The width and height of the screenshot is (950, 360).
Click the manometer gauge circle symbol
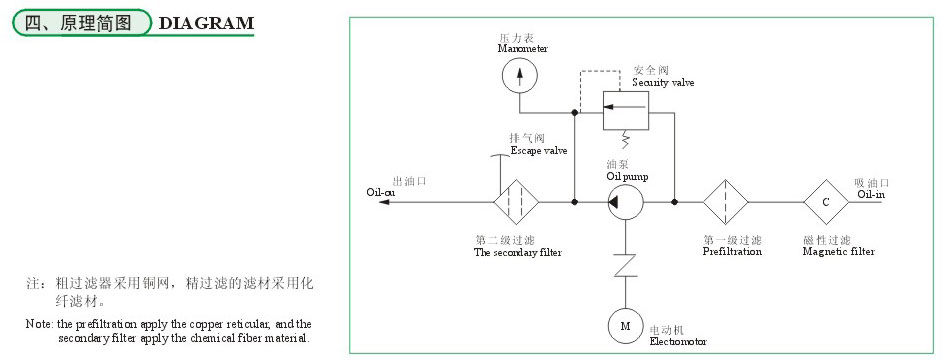pyautogui.click(x=519, y=75)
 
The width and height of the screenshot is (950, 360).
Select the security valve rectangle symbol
pyautogui.click(x=624, y=109)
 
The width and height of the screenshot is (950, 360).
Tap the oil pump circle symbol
pyautogui.click(x=625, y=202)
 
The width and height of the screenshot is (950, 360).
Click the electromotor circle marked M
pyautogui.click(x=625, y=325)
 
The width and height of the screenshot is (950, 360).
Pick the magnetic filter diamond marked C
pyautogui.click(x=826, y=202)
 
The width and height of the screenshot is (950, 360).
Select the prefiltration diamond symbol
pyautogui.click(x=726, y=202)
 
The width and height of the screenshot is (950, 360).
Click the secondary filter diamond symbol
pyautogui.click(x=517, y=202)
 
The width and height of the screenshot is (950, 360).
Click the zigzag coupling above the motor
pyautogui.click(x=625, y=265)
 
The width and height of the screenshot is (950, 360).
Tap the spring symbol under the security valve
pyautogui.click(x=624, y=139)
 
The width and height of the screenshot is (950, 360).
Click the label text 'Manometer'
pyautogui.click(x=523, y=48)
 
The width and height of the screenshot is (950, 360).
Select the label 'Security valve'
pyautogui.click(x=663, y=82)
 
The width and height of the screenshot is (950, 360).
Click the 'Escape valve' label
pyautogui.click(x=539, y=151)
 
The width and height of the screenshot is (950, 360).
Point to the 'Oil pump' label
pyautogui.click(x=627, y=176)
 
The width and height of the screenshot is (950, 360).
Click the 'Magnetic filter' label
pyautogui.click(x=839, y=252)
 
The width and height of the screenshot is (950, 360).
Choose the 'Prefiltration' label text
pyautogui.click(x=732, y=252)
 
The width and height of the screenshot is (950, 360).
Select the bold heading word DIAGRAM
pyautogui.click(x=207, y=23)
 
